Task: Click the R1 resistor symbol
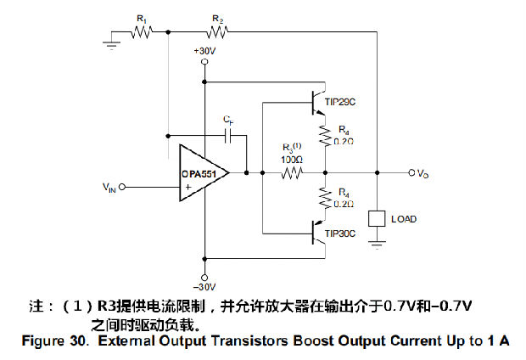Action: pos(143,32)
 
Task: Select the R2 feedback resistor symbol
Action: pos(218,32)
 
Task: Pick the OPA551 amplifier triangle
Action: pos(202,172)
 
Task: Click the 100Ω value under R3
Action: pos(292,159)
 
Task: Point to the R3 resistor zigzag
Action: pos(292,173)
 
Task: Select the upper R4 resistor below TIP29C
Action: pos(323,134)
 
